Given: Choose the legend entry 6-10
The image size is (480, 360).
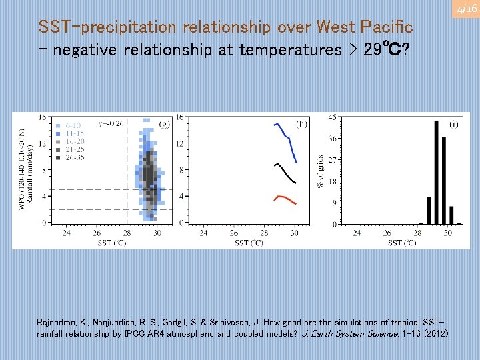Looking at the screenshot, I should [73, 125].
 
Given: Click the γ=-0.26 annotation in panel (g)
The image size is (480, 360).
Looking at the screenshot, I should [111, 122].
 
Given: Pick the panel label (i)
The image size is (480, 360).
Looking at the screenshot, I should [453, 123].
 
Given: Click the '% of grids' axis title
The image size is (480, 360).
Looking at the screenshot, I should [321, 171].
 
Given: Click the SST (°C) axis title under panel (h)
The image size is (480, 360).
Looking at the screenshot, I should [249, 243].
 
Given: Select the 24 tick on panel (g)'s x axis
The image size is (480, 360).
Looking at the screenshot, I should [67, 233].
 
